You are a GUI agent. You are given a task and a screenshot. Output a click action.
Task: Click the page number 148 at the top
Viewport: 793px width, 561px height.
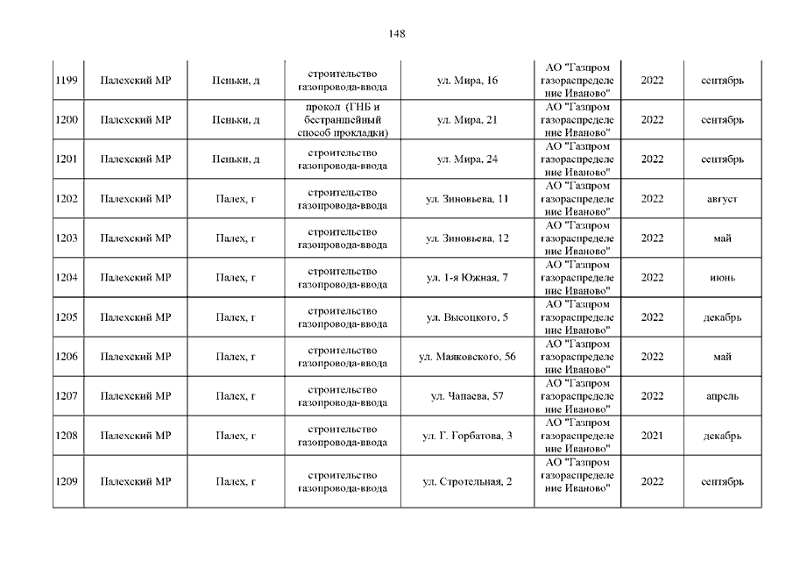click(x=396, y=33)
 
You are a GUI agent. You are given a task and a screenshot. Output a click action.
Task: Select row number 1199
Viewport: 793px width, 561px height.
click(x=67, y=81)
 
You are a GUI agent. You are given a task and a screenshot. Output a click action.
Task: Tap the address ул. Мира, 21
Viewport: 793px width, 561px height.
click(x=467, y=120)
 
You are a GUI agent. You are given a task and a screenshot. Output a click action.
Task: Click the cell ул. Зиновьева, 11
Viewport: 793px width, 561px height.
click(x=467, y=199)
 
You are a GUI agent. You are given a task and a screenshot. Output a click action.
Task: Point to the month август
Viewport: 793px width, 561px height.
click(x=722, y=199)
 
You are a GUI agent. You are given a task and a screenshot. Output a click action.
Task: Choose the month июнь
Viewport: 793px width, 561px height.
click(x=722, y=278)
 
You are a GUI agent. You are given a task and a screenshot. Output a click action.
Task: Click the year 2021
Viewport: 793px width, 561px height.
click(x=652, y=436)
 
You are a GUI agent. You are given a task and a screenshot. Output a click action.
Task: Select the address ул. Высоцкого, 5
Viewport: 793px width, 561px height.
click(x=467, y=317)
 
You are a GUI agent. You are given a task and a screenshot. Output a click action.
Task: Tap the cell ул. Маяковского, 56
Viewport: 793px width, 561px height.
click(x=467, y=357)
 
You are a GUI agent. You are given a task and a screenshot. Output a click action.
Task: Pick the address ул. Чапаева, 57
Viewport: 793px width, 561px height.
click(x=467, y=396)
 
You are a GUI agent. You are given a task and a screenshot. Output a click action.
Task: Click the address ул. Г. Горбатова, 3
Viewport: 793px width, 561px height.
click(x=467, y=436)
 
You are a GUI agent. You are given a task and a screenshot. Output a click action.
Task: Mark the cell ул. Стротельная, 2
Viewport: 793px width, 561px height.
click(x=467, y=481)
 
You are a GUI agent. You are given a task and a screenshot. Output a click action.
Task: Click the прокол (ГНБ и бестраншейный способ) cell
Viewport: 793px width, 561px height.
click(x=343, y=120)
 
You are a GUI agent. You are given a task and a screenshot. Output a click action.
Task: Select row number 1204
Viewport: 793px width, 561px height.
click(x=67, y=278)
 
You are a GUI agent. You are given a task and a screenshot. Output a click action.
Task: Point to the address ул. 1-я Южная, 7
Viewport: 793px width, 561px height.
click(x=467, y=278)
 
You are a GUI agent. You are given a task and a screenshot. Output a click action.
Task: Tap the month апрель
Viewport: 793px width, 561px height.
click(x=722, y=396)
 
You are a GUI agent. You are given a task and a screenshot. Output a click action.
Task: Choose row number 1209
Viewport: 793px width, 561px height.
click(x=67, y=481)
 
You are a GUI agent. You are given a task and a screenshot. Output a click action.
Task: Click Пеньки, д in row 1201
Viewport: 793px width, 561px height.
click(x=236, y=160)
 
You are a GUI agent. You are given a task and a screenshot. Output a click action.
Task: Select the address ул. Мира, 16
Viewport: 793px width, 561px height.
click(x=467, y=81)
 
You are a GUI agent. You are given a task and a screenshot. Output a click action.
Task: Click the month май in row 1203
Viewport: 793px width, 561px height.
click(x=722, y=238)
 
